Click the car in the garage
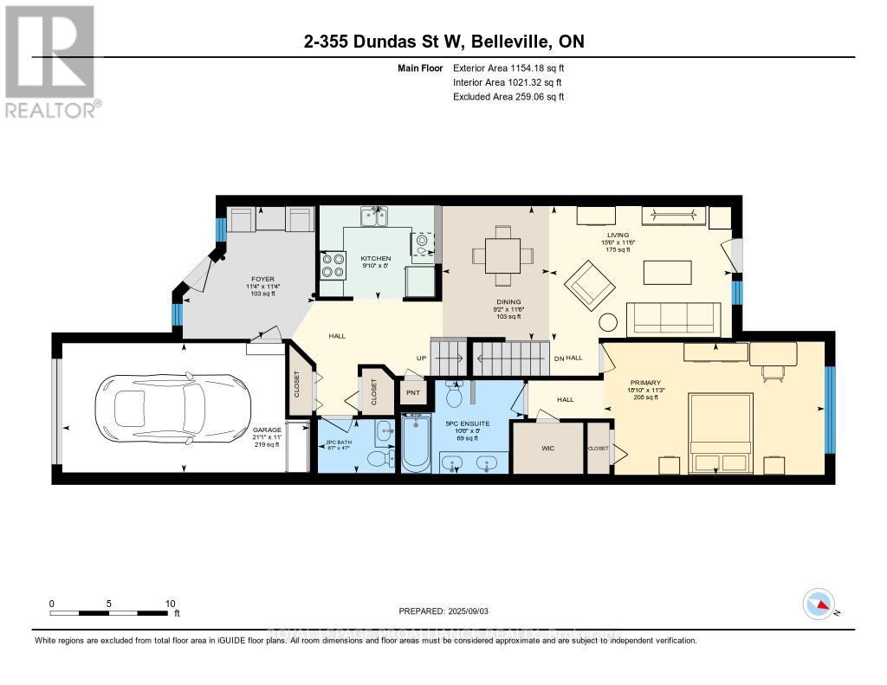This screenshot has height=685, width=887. (165, 406)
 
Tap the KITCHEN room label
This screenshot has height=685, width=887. (376, 258)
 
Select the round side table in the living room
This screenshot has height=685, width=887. (610, 322)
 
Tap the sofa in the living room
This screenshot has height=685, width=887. (673, 319)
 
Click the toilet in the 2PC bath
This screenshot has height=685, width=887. (377, 458)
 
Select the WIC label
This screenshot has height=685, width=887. (547, 448)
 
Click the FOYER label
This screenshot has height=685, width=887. (262, 279)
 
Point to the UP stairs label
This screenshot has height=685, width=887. (422, 358)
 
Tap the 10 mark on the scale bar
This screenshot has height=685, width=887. (171, 604)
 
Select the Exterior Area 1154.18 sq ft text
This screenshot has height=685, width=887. (509, 68)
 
